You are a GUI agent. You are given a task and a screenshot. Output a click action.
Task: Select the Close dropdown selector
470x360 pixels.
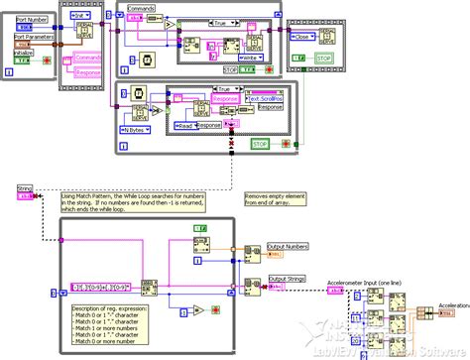point(305,36)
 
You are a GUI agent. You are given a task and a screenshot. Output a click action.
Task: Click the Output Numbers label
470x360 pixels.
point(289,246)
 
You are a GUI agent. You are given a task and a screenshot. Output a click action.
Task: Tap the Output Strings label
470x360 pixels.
point(288,279)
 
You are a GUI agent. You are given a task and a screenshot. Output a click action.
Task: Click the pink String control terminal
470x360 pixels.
point(24,196)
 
